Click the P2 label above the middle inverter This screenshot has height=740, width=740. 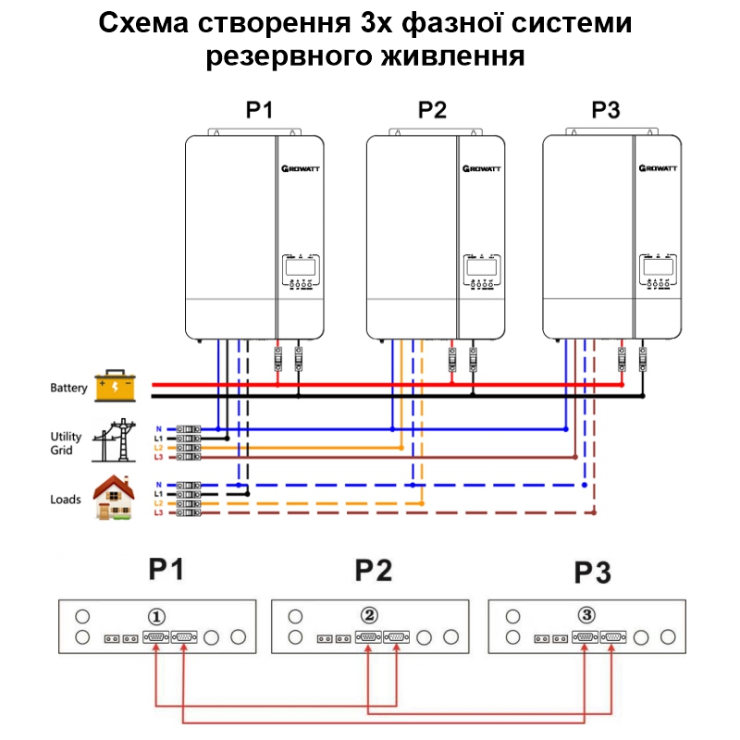point(432,111)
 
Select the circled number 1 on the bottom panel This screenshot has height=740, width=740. point(158,615)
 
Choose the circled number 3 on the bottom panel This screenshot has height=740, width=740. point(587,614)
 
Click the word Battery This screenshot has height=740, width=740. point(68,388)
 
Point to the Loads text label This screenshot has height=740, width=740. point(66,499)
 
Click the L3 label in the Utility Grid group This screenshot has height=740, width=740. point(159,457)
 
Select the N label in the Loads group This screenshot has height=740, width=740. point(159,485)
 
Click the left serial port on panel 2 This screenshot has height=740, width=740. point(369,637)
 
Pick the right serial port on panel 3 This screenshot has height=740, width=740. point(612,636)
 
